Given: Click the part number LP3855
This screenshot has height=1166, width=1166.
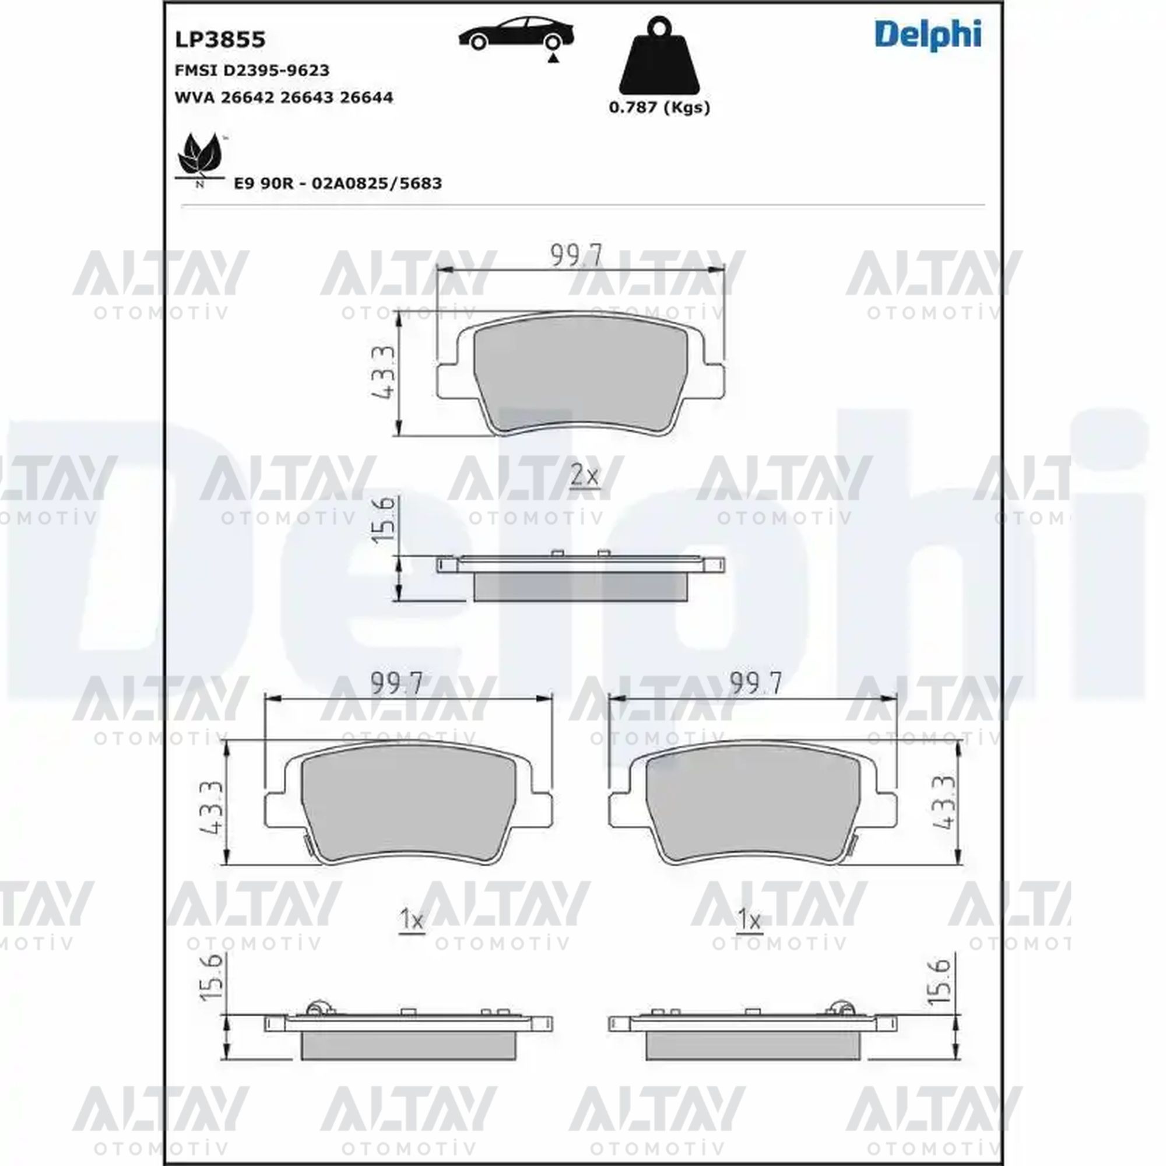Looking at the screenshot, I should click(x=220, y=40).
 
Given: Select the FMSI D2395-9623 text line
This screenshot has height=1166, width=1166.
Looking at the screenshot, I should click(x=252, y=71).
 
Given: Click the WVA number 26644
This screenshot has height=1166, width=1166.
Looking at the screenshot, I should click(x=366, y=97).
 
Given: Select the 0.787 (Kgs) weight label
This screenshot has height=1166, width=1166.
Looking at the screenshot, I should click(x=659, y=107).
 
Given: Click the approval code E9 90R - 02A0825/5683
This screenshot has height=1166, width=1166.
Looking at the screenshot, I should click(x=338, y=183).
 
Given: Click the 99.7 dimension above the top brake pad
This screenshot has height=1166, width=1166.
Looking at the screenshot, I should click(x=577, y=257).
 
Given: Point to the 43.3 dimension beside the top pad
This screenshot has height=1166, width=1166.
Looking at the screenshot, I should click(x=383, y=373).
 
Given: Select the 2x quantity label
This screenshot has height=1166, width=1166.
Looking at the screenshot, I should click(x=584, y=477).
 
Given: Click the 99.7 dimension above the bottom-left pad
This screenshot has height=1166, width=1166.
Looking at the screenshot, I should click(x=396, y=684).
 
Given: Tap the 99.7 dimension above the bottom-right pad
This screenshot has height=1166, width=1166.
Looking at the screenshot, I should click(x=756, y=684).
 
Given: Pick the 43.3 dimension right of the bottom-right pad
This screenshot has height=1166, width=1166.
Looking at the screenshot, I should click(x=944, y=802).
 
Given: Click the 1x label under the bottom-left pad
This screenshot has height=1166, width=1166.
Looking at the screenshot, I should click(x=412, y=920).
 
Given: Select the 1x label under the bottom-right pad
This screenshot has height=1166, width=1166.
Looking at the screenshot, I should click(x=750, y=920).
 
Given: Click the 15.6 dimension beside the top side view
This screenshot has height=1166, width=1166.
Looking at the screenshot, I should click(x=384, y=519).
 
